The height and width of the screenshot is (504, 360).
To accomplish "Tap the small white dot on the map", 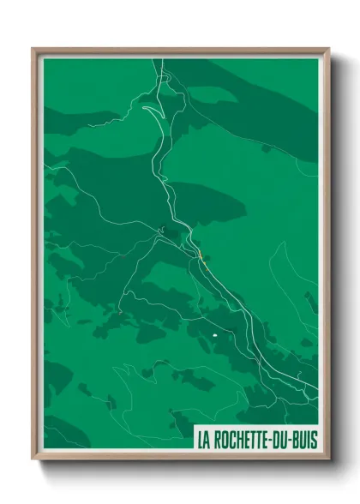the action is coord(213,335).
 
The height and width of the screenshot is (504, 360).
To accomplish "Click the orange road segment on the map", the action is coord(200,255).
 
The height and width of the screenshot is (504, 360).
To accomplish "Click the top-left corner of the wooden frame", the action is coord(33,49).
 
